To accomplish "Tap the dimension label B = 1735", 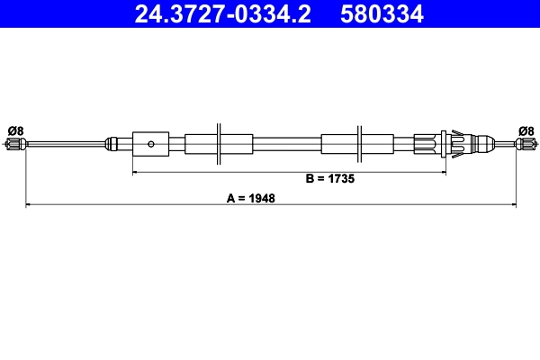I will [x=330, y=179].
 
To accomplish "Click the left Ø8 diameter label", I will [x=15, y=130].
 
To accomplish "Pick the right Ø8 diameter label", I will [x=526, y=130].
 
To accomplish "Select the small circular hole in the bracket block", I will [x=152, y=142].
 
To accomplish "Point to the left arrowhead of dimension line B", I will [x=136, y=171].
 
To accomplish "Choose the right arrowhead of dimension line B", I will [x=444, y=171].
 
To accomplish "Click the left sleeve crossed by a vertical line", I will [x=219, y=142].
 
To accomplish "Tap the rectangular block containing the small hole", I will [x=150, y=142].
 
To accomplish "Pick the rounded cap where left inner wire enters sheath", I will [x=112, y=142].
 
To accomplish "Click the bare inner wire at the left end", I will [x=63, y=142].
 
